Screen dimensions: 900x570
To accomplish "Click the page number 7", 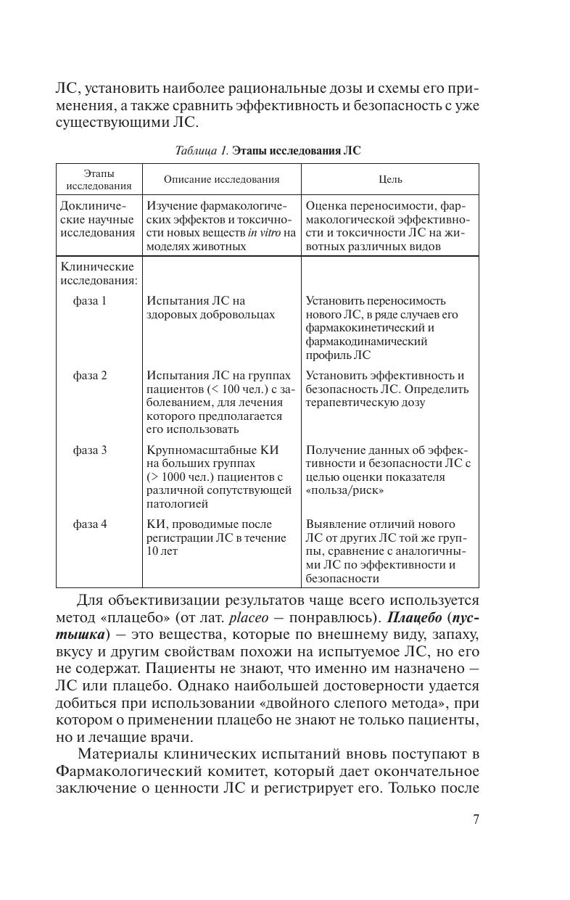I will click(476, 820).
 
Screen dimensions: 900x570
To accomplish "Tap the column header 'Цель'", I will click(390, 179).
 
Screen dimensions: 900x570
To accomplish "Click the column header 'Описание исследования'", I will click(221, 179).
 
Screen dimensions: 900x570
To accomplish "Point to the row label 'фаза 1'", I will click(90, 301).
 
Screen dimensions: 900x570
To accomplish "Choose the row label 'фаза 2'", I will click(90, 376).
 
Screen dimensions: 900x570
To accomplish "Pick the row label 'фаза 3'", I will click(90, 450).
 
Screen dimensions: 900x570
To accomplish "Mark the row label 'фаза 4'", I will click(90, 524).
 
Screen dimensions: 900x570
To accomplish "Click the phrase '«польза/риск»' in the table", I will click(344, 491).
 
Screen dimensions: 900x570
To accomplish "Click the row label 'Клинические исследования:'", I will click(97, 273).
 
